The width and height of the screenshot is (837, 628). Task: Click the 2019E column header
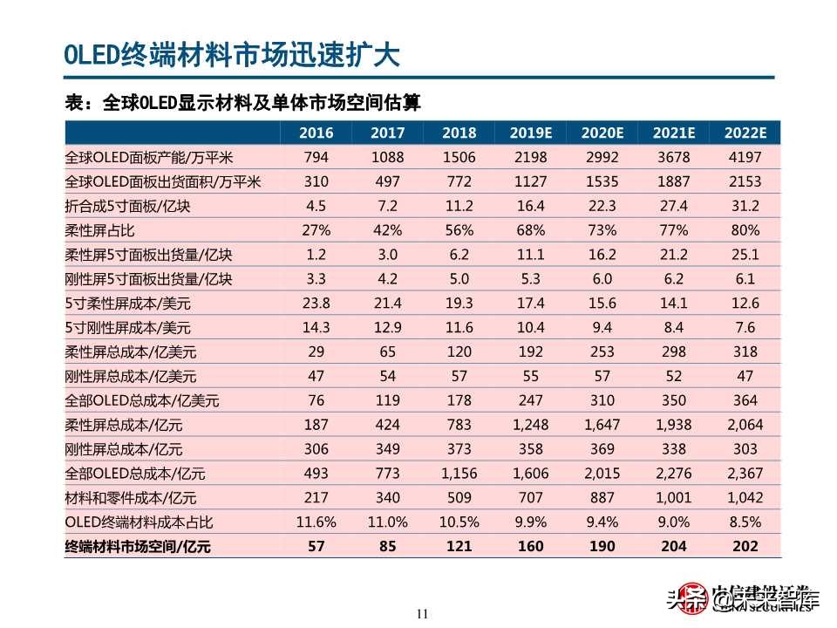pos(530,133)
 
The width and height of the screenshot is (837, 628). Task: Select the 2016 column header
pos(316,133)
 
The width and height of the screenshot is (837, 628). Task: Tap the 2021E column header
pos(673,133)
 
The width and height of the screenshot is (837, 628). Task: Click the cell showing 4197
pos(745,158)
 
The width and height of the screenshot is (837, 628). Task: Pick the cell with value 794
pos(316,158)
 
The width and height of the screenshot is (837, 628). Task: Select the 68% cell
pos(530,231)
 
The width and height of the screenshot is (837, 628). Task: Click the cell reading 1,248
pos(530,425)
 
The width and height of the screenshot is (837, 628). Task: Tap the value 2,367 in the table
pos(745,474)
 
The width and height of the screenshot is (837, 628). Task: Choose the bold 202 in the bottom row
pos(745,547)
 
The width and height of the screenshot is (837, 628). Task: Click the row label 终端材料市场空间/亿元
pos(139,547)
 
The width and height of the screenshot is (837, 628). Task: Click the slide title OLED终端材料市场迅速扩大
pos(232,55)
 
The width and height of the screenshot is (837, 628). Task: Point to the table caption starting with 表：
pos(243,103)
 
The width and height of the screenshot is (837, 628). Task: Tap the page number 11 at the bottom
pos(423,613)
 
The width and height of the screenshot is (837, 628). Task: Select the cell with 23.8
pos(316,304)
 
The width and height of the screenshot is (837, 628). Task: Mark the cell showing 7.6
pos(745,328)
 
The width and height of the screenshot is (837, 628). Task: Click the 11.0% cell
pos(387,522)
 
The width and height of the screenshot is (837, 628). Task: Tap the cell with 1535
pos(602,182)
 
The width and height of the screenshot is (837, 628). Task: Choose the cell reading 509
pos(459,498)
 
